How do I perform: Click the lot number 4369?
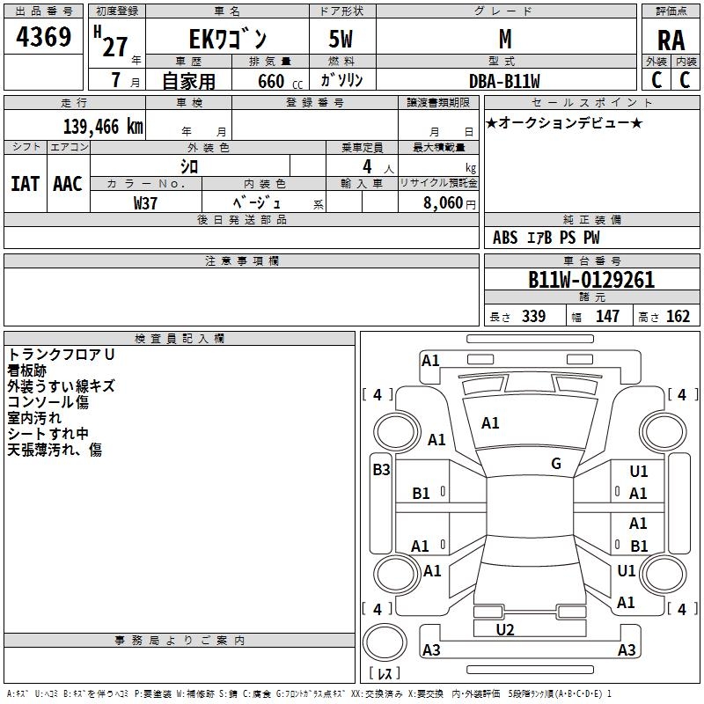44,38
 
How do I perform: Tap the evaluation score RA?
671,40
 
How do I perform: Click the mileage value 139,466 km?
103,126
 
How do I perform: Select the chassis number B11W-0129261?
591,280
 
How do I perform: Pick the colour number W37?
146,202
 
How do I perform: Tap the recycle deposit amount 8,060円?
449,202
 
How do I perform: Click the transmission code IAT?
25,183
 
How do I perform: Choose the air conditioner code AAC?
67,183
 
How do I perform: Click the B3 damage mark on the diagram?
381,470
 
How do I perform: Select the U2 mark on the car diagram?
505,630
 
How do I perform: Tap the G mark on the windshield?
556,464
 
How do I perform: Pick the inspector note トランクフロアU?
62,355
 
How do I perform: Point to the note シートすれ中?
48,434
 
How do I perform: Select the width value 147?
607,317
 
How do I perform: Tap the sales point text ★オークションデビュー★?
564,123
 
